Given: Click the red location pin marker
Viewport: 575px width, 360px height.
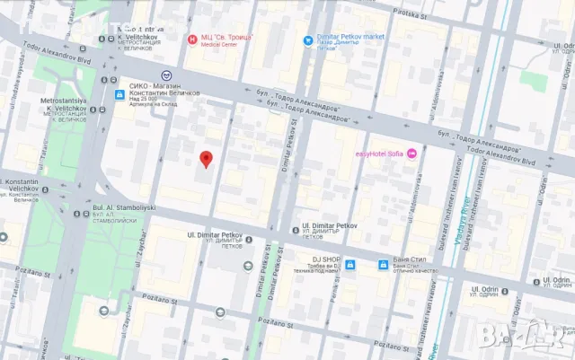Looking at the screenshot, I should (205, 159).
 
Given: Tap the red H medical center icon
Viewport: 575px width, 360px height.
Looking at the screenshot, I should (190, 40).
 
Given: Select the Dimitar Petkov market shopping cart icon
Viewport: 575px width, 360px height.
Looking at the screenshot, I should (308, 40).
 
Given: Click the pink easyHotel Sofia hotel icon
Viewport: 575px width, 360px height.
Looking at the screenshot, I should (412, 154).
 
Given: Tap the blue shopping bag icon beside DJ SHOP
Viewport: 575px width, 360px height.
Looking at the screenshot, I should (350, 265).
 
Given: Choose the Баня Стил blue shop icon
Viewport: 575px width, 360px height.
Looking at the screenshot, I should (383, 265).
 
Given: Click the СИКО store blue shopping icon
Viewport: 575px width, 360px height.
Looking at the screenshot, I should (119, 94).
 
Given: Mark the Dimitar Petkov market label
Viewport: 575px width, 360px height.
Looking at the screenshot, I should (350, 40).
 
